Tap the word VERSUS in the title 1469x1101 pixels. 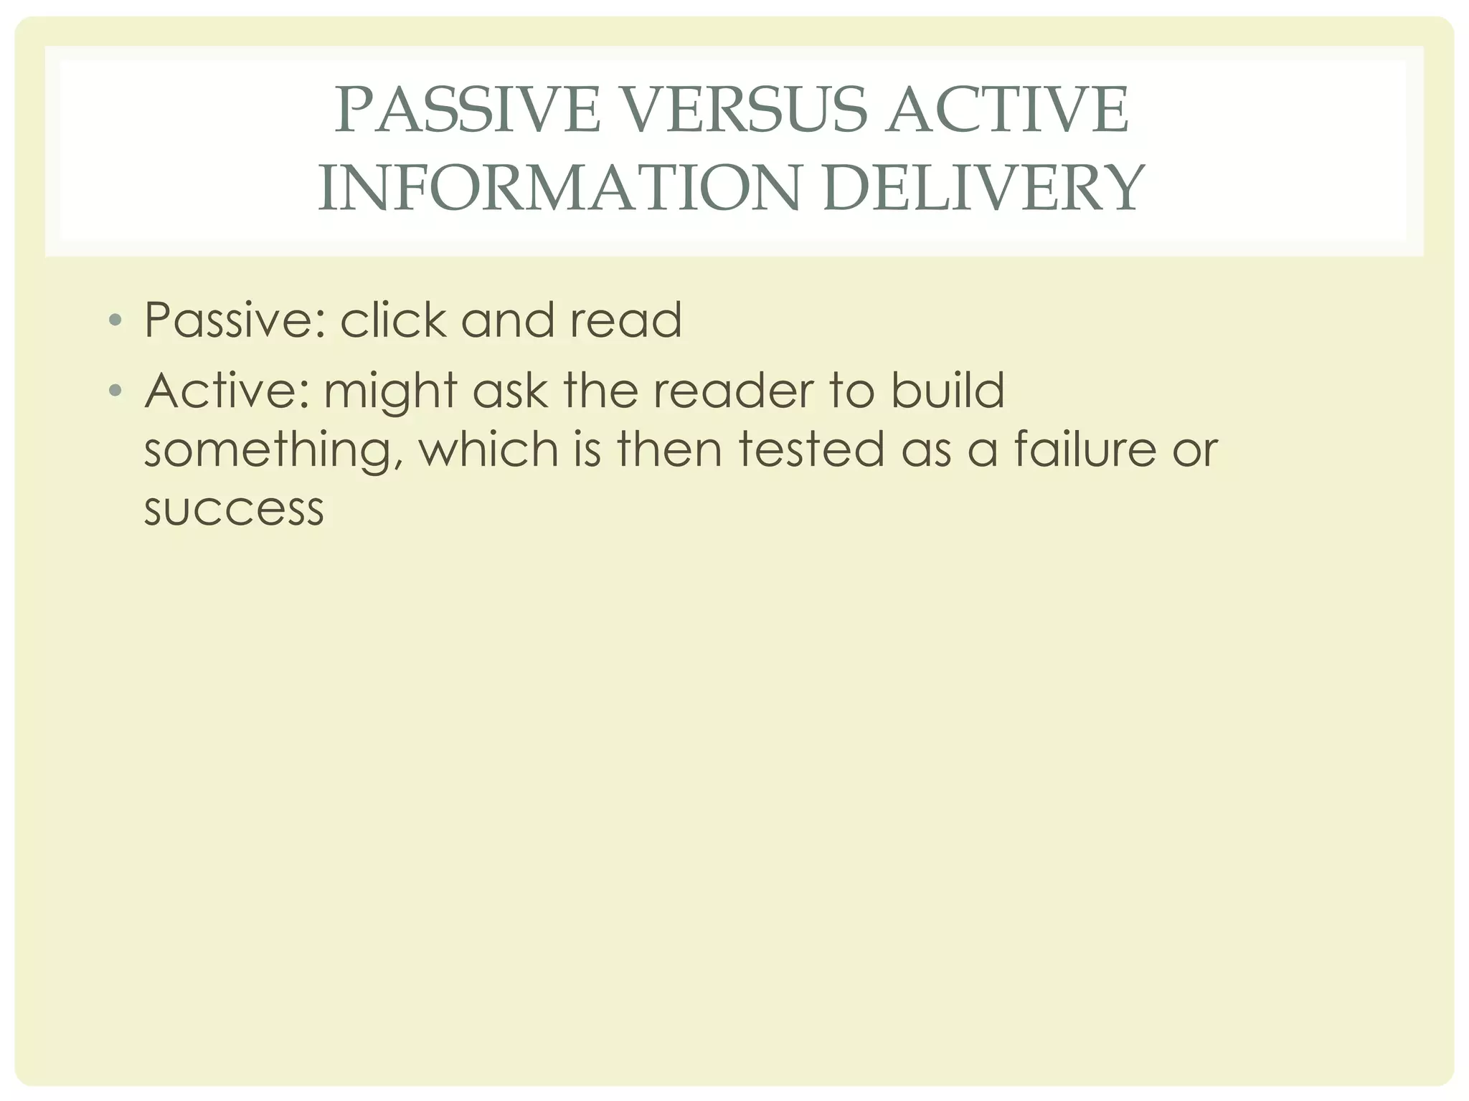click(742, 110)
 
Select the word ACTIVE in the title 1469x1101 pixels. click(1007, 110)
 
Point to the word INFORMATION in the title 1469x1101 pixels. click(559, 189)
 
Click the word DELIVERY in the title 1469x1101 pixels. click(983, 189)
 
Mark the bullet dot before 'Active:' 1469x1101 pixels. click(115, 391)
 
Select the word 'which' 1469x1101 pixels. click(488, 449)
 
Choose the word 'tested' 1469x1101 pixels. click(811, 449)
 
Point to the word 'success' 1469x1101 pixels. click(234, 510)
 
